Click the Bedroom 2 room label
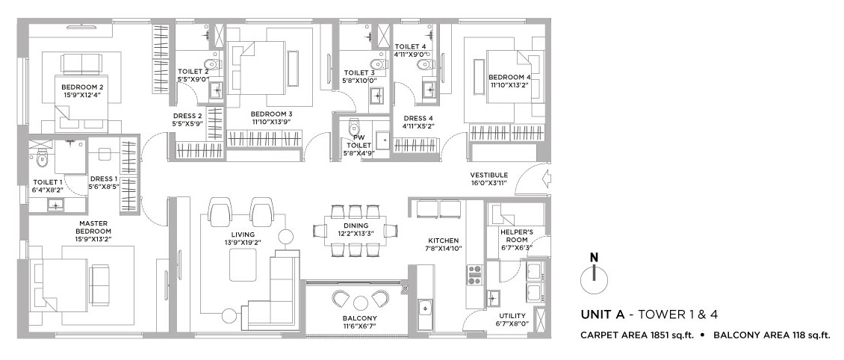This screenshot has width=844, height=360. pos(82,87)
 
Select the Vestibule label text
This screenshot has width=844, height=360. pos(488,175)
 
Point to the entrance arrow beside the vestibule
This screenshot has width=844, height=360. pos(544,177)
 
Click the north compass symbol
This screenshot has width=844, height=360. pos(594,274)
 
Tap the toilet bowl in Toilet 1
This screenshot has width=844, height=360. pos(42,160)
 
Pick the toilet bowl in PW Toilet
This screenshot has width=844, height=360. pos(354,128)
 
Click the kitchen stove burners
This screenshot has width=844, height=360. pos(475,274)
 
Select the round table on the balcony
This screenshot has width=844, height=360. pos(361,302)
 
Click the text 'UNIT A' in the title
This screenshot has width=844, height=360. pos(598,314)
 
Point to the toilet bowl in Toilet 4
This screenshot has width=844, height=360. pos(425,64)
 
